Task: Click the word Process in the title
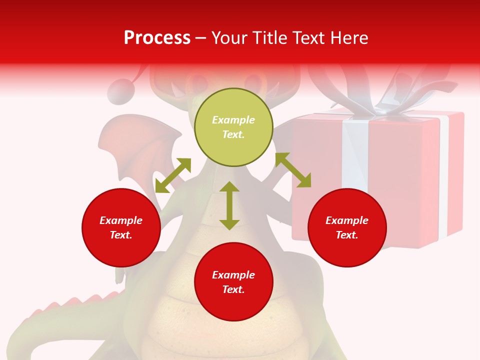coord(157,38)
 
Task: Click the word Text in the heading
coord(307,38)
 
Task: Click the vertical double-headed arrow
coord(229,205)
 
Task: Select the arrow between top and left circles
coord(173,175)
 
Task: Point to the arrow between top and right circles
coord(293,170)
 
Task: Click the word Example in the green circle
coord(233,120)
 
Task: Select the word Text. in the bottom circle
coord(233,289)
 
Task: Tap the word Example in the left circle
coord(121,220)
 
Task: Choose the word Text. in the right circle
coord(347,235)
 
